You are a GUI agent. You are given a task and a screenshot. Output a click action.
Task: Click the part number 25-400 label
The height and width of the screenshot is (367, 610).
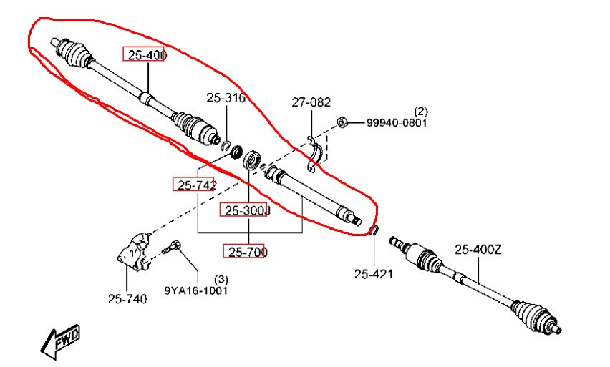tap(143, 54)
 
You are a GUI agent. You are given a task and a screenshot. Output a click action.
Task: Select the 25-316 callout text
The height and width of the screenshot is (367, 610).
tap(226, 98)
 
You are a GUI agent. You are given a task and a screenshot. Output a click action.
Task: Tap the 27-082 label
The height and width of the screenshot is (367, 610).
tap(311, 102)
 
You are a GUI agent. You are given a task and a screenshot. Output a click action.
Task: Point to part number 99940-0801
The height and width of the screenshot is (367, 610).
tap(397, 123)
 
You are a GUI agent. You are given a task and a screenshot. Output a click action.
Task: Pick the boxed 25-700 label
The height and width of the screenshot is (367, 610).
tap(243, 251)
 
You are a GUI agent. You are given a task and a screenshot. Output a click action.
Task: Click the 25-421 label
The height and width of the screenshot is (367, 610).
tap(374, 273)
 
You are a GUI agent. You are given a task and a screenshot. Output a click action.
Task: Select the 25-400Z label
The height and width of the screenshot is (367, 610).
tap(478, 250)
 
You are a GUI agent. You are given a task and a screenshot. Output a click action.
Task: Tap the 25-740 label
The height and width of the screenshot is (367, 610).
tap(127, 298)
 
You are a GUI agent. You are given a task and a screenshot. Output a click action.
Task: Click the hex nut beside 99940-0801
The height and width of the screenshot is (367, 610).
tap(342, 122)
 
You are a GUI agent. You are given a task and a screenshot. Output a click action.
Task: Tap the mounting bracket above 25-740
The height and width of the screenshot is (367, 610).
tap(134, 252)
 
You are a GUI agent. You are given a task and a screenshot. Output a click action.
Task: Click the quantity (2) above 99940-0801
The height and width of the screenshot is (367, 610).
tap(420, 111)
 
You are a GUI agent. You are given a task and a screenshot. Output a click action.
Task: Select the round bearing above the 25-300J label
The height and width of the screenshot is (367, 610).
tap(251, 159)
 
